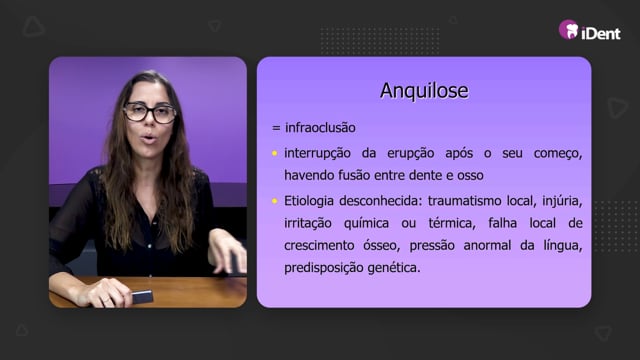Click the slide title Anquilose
[424, 91]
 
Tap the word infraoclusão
[320, 128]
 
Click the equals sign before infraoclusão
[276, 128]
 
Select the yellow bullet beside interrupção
[275, 153]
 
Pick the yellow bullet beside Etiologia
[275, 201]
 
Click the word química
[367, 223]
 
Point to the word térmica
[452, 223]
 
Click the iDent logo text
[601, 33]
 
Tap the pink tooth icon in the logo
[569, 29]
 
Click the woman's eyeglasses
[150, 113]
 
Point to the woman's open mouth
[149, 138]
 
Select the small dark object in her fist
[142, 297]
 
